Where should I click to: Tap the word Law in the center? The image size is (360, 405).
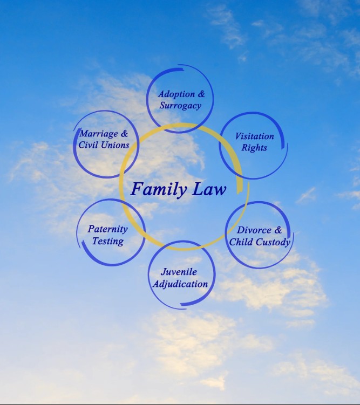[x=209, y=189]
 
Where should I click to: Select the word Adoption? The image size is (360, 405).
[x=176, y=94]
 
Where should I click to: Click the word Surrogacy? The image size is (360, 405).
[x=180, y=106]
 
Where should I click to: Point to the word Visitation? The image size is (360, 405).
[x=255, y=136]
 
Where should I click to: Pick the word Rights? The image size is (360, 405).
[x=254, y=148]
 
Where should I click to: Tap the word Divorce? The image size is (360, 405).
[x=254, y=230]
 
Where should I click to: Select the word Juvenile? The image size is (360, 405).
[x=179, y=272]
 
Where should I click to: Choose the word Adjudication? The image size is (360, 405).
[x=180, y=284]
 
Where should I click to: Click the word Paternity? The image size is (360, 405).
[x=107, y=229]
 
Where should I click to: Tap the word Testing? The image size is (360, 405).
[x=108, y=242]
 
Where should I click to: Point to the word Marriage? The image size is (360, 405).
[x=98, y=134]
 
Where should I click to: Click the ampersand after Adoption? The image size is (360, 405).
[x=201, y=94]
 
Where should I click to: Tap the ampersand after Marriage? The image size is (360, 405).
[x=124, y=134]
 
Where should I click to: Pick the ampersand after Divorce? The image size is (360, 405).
[x=278, y=230]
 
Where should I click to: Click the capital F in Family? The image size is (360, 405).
[x=137, y=189]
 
